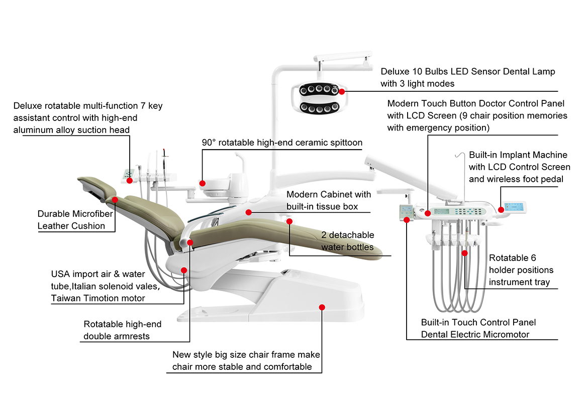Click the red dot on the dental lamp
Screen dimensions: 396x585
pos(342,91)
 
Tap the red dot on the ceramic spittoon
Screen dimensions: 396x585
pos(203,183)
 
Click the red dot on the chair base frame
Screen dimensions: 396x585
pos(322,307)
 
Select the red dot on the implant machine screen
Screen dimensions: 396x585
pos(501,209)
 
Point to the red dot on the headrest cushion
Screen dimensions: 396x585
pos(115,199)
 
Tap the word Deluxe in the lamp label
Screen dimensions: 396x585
pos(395,72)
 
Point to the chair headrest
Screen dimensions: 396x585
pos(96,186)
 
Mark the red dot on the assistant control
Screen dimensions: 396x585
pos(130,180)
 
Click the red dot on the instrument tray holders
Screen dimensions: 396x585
pos(465,253)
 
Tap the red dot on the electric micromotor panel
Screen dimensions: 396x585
pos(406,218)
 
